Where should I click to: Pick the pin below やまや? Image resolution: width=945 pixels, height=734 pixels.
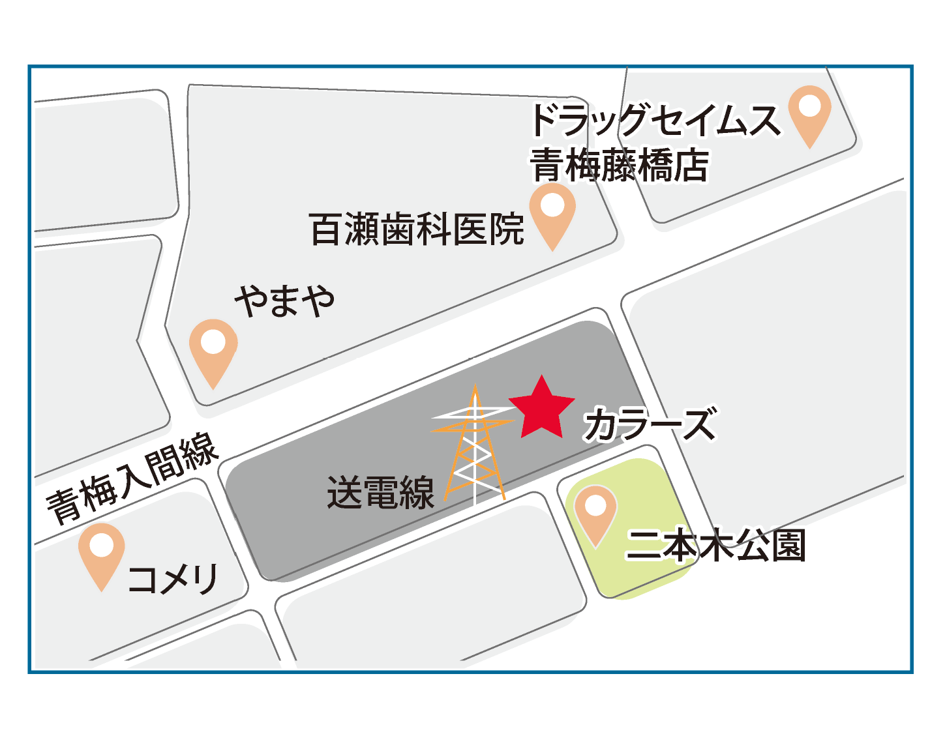213,348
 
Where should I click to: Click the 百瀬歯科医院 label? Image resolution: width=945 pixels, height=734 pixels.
417,229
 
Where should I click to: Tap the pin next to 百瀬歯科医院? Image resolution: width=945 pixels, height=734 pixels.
552,212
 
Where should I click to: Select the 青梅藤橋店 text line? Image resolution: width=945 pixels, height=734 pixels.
619,166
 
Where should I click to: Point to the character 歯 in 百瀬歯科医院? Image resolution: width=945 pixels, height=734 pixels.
398,229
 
